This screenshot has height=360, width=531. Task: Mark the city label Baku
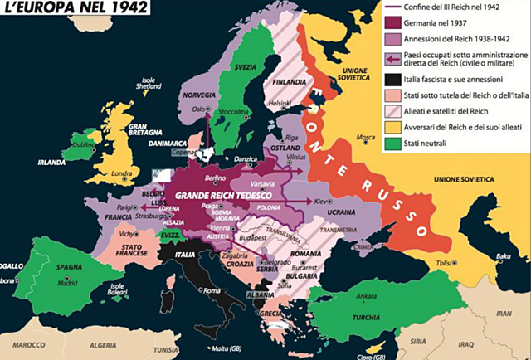click(502, 255)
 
